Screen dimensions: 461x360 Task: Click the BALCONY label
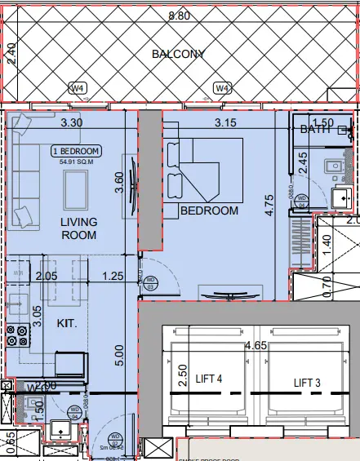point(177,54)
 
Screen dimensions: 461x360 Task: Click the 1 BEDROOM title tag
point(75,152)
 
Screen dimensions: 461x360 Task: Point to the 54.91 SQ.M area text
point(75,162)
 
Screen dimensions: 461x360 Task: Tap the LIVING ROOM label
point(78,228)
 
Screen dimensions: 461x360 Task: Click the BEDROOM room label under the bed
point(209,211)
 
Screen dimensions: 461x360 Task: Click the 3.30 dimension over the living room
point(73,123)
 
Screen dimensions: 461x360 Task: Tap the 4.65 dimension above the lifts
point(259,346)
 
